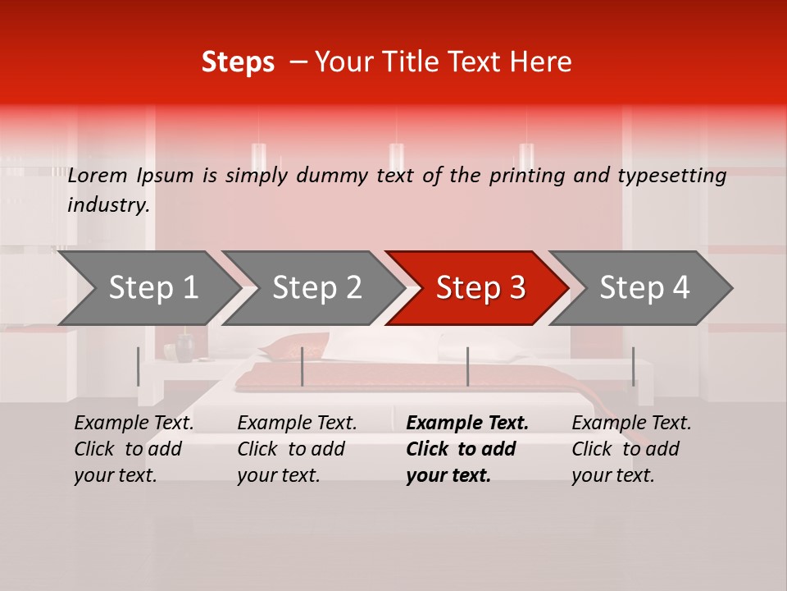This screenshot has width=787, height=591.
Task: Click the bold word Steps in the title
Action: (x=238, y=62)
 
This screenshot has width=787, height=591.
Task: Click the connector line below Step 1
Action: (x=138, y=366)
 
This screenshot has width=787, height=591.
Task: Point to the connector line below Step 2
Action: (x=303, y=366)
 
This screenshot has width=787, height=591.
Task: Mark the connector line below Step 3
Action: (x=467, y=366)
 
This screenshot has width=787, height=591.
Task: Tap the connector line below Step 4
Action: (x=633, y=366)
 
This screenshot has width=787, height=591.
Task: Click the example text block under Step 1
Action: (x=134, y=449)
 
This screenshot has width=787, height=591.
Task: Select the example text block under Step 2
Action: (x=297, y=449)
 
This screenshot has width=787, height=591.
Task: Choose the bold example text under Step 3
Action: (x=467, y=449)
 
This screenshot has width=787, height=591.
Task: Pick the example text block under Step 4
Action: (x=631, y=449)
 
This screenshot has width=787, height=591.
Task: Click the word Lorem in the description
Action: (x=98, y=175)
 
